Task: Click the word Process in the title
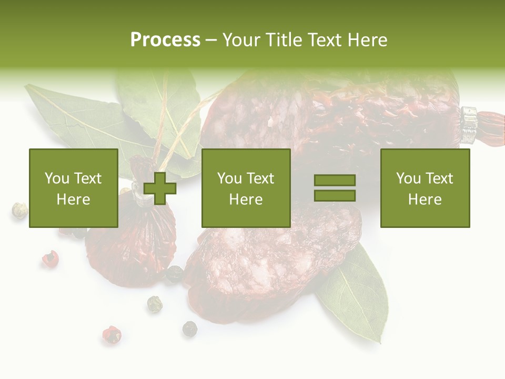(165, 40)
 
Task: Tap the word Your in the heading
(243, 40)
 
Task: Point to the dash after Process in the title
(211, 41)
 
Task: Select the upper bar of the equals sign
(335, 180)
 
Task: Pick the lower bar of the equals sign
(335, 195)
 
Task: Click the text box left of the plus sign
(73, 188)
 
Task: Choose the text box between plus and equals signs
(246, 188)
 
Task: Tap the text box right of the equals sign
(425, 188)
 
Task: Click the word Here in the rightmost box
(425, 199)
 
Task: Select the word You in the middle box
(229, 178)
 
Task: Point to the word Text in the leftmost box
(88, 178)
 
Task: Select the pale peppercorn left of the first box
(19, 210)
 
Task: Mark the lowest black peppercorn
(189, 329)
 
